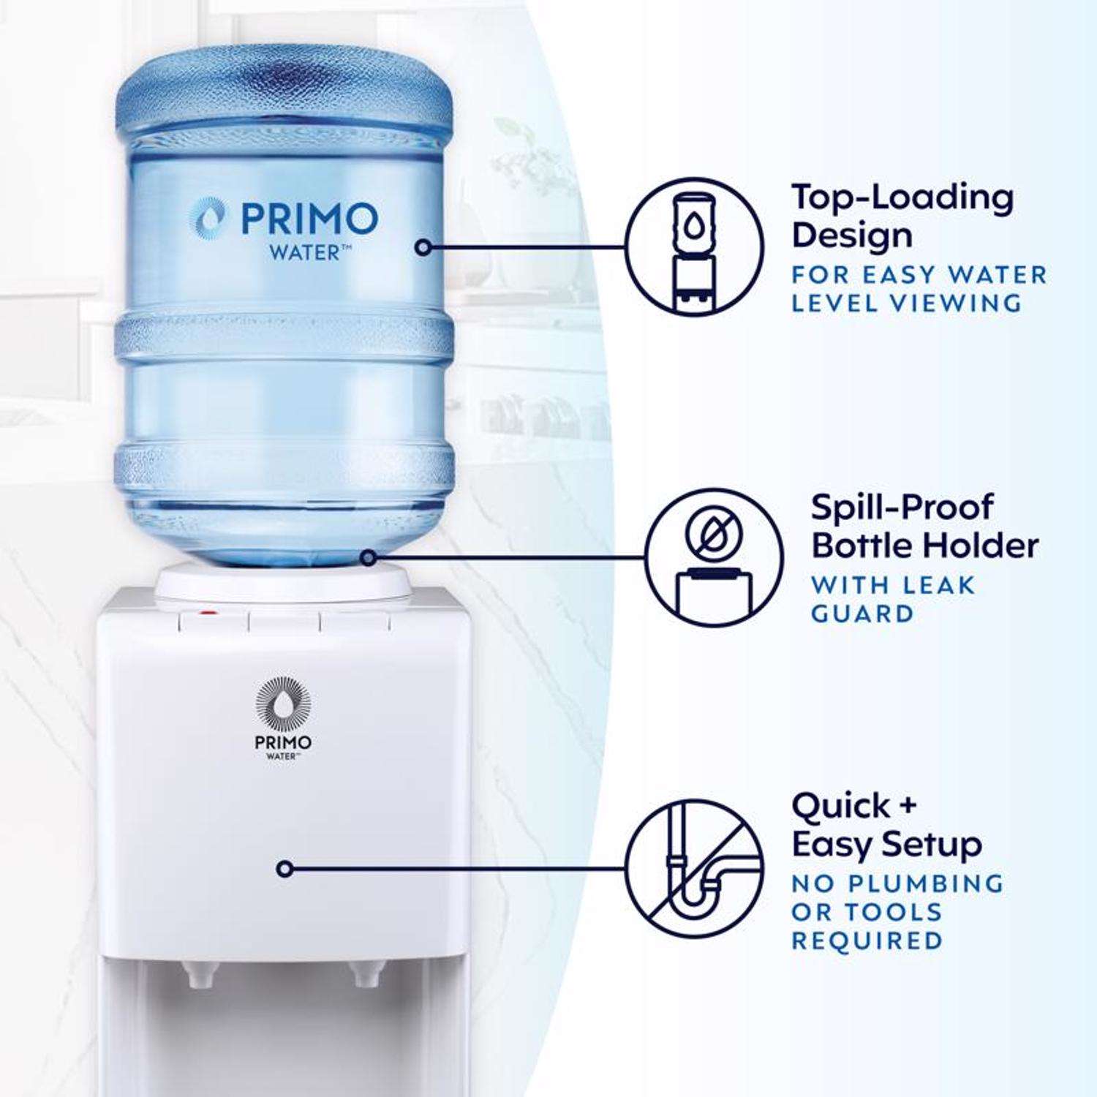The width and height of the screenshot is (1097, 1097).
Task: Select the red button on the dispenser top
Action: coord(209,613)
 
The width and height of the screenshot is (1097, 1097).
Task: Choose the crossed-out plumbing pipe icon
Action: coord(695,868)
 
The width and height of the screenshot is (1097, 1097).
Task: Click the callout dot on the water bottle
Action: coord(422,247)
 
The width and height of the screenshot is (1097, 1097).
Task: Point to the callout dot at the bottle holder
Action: coord(369,558)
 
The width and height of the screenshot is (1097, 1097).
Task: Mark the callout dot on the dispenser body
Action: coord(286,869)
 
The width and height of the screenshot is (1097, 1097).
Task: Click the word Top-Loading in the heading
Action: coord(902,198)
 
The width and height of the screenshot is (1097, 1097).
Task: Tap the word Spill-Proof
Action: coord(902,508)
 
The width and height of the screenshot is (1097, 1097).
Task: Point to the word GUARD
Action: coord(863,613)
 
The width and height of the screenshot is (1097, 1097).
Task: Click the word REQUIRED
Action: coord(867,940)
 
